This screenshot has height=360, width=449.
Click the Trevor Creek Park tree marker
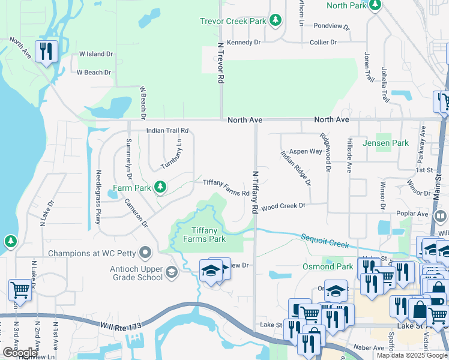click(276, 20)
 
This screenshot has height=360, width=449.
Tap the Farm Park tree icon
click(160, 187)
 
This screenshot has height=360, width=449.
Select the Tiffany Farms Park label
click(208, 235)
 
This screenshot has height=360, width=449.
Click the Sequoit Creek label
click(325, 241)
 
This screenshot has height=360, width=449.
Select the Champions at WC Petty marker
click(145, 252)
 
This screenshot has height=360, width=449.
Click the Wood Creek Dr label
click(284, 205)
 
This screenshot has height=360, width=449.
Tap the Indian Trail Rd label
click(167, 130)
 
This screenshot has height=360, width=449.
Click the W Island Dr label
click(96, 54)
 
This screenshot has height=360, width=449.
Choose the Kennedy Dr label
click(244, 43)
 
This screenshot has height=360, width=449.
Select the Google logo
click(19, 353)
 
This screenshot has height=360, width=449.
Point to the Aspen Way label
click(306, 152)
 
